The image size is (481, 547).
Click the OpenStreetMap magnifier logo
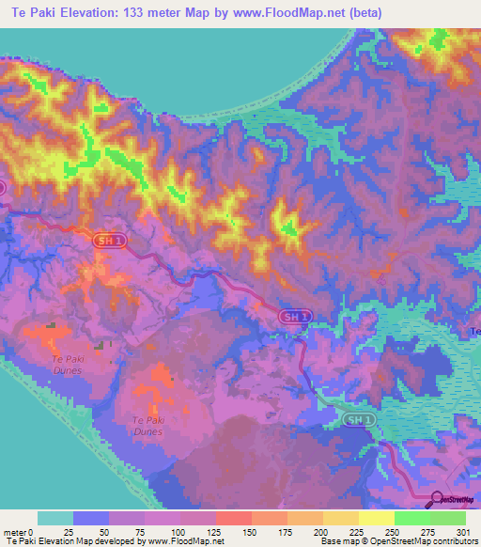[x=438, y=499]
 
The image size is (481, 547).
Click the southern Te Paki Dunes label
[x=148, y=426]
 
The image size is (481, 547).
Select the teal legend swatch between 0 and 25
[x=55, y=518]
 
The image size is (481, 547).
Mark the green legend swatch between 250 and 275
[x=411, y=518]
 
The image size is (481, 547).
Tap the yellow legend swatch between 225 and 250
[x=376, y=518]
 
